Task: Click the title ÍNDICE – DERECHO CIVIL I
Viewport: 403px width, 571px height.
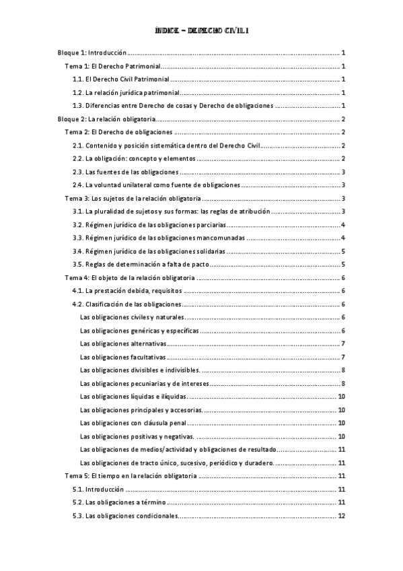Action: pos(202,30)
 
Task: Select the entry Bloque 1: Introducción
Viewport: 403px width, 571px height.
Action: pos(91,53)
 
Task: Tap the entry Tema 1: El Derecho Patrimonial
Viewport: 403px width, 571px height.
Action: pos(111,66)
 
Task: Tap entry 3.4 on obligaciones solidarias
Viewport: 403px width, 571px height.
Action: pos(149,251)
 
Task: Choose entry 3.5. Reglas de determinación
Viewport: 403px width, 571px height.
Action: pos(141,264)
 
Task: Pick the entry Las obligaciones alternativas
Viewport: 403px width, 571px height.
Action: pos(124,343)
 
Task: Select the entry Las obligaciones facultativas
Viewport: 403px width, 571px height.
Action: pos(122,357)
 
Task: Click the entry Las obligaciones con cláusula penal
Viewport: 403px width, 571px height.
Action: pos(132,423)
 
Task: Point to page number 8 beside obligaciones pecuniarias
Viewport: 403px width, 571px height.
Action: pos(343,383)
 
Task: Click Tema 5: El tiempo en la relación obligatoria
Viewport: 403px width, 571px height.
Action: pos(131,476)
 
